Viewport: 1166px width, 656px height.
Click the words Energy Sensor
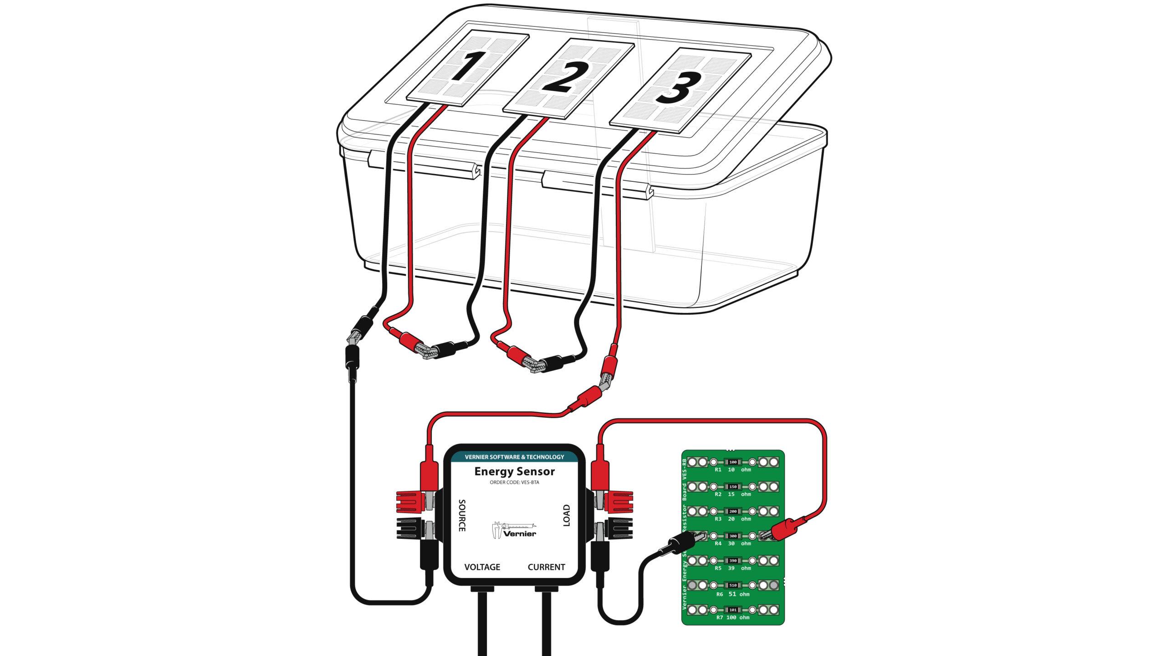point(514,471)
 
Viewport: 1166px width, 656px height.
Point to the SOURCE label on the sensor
point(461,515)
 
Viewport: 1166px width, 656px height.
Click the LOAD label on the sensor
point(567,515)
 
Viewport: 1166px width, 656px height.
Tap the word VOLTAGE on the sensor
point(482,567)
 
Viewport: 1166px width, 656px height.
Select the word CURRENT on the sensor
point(546,567)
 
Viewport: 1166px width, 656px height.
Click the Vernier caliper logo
point(514,529)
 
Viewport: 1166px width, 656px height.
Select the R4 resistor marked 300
point(733,536)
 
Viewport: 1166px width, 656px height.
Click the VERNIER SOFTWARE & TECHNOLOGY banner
point(514,456)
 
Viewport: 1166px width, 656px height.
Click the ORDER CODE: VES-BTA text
point(514,482)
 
